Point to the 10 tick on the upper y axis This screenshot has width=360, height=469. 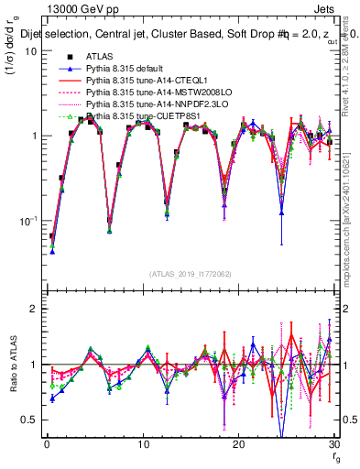click(x=30, y=51)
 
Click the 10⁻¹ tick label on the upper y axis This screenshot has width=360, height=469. click(x=27, y=221)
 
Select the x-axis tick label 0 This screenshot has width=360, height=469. click(x=47, y=444)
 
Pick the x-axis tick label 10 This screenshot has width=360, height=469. click(x=143, y=444)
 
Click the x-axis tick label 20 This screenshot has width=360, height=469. click(x=239, y=444)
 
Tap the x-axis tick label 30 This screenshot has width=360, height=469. click(x=334, y=444)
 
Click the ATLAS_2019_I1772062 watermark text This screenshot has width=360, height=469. click(x=190, y=274)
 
